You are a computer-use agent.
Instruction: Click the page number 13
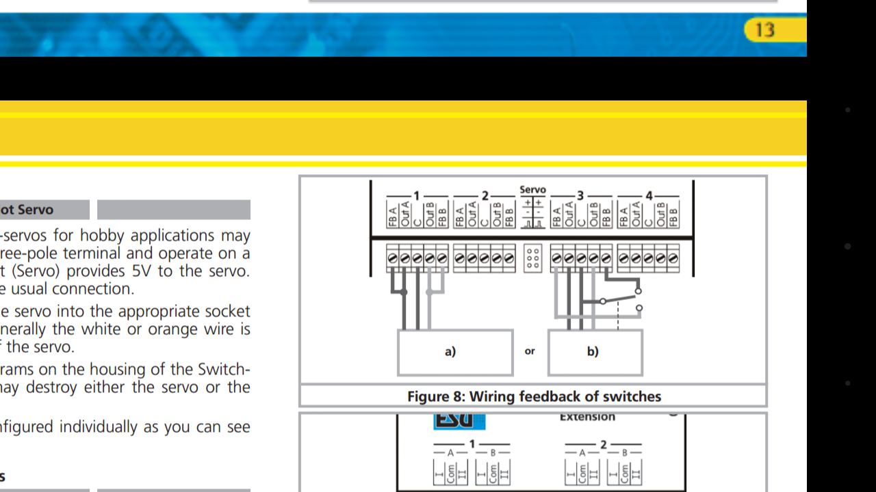click(764, 30)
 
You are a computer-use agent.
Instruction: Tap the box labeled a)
click(455, 353)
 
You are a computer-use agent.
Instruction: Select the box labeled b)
click(595, 353)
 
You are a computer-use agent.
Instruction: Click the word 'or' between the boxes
click(530, 351)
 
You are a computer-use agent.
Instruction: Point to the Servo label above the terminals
click(532, 190)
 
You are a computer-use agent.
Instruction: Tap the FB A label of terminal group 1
click(392, 214)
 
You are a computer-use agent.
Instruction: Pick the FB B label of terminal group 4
click(673, 214)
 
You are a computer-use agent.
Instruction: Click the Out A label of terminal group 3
click(569, 214)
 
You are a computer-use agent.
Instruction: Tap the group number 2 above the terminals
click(485, 196)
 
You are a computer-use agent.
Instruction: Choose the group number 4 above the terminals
click(649, 196)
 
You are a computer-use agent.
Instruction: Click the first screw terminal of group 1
click(392, 259)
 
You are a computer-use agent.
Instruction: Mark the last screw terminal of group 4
click(673, 259)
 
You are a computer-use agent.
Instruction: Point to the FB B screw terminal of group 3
click(606, 259)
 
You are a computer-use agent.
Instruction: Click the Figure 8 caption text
click(534, 396)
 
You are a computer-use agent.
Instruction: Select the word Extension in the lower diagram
click(587, 417)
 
